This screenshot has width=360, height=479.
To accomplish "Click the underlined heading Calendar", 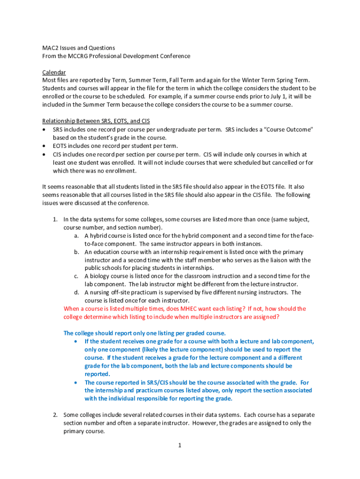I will [x=54, y=72].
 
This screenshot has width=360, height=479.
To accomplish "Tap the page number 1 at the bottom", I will [x=179, y=445].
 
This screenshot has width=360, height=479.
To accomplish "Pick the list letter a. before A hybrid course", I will [x=76, y=236].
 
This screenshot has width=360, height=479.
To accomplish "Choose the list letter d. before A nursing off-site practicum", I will [x=76, y=292].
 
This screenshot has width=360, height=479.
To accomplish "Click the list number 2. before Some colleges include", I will [x=55, y=415].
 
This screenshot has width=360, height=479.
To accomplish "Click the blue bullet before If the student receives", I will [x=76, y=341].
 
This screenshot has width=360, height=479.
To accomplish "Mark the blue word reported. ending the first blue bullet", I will [x=97, y=374].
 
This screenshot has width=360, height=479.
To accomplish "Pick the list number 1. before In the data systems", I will [x=55, y=219].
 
